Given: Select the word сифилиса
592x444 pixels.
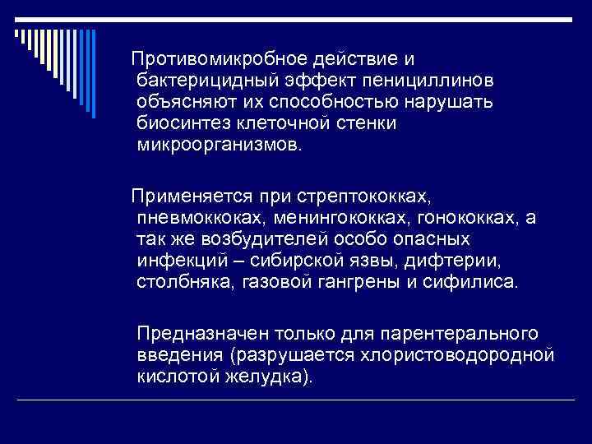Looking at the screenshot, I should point(479,282).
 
